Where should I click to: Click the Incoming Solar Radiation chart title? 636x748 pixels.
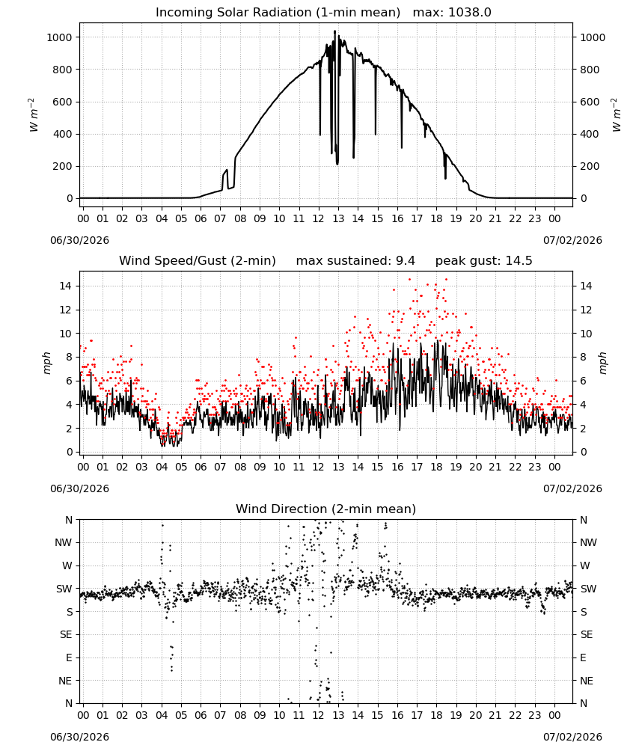click(278, 13)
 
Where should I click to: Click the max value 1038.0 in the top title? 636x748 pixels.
click(470, 13)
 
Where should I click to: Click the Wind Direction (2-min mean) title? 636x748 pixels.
click(326, 509)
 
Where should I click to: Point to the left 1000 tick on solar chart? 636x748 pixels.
click(59, 37)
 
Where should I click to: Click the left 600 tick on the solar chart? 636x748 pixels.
click(63, 102)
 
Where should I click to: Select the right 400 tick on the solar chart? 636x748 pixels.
click(590, 134)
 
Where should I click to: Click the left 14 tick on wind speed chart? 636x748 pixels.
click(66, 286)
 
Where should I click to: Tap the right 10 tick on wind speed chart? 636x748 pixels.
click(586, 334)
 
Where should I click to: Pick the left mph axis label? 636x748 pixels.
click(46, 363)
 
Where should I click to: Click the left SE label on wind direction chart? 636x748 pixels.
click(66, 634)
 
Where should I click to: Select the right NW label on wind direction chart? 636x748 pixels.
click(588, 542)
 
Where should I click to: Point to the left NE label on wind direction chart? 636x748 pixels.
click(65, 681)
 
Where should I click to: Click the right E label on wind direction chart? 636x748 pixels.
click(583, 657)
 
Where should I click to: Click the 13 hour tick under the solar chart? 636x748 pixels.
click(338, 218)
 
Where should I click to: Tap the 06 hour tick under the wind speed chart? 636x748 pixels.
click(201, 467)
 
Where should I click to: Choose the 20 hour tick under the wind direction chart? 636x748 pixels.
click(476, 714)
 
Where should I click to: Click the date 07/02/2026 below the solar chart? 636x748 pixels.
click(572, 240)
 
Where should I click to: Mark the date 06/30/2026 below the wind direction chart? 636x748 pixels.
click(79, 737)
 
